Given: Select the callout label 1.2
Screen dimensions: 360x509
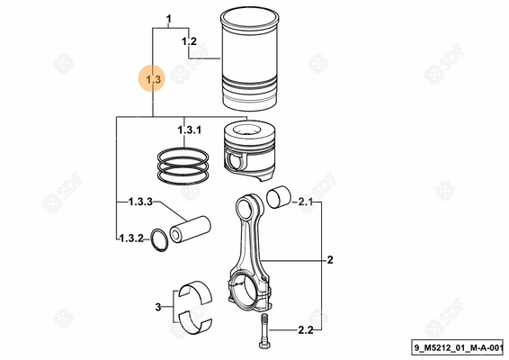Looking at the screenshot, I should click(189, 42).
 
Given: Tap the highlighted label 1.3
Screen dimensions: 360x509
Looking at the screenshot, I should click(153, 81).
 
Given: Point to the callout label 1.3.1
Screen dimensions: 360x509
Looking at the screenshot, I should click(189, 132).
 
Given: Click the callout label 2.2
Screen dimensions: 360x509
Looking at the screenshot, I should click(304, 331).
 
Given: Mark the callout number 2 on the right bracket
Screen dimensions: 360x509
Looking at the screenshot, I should click(330, 261).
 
